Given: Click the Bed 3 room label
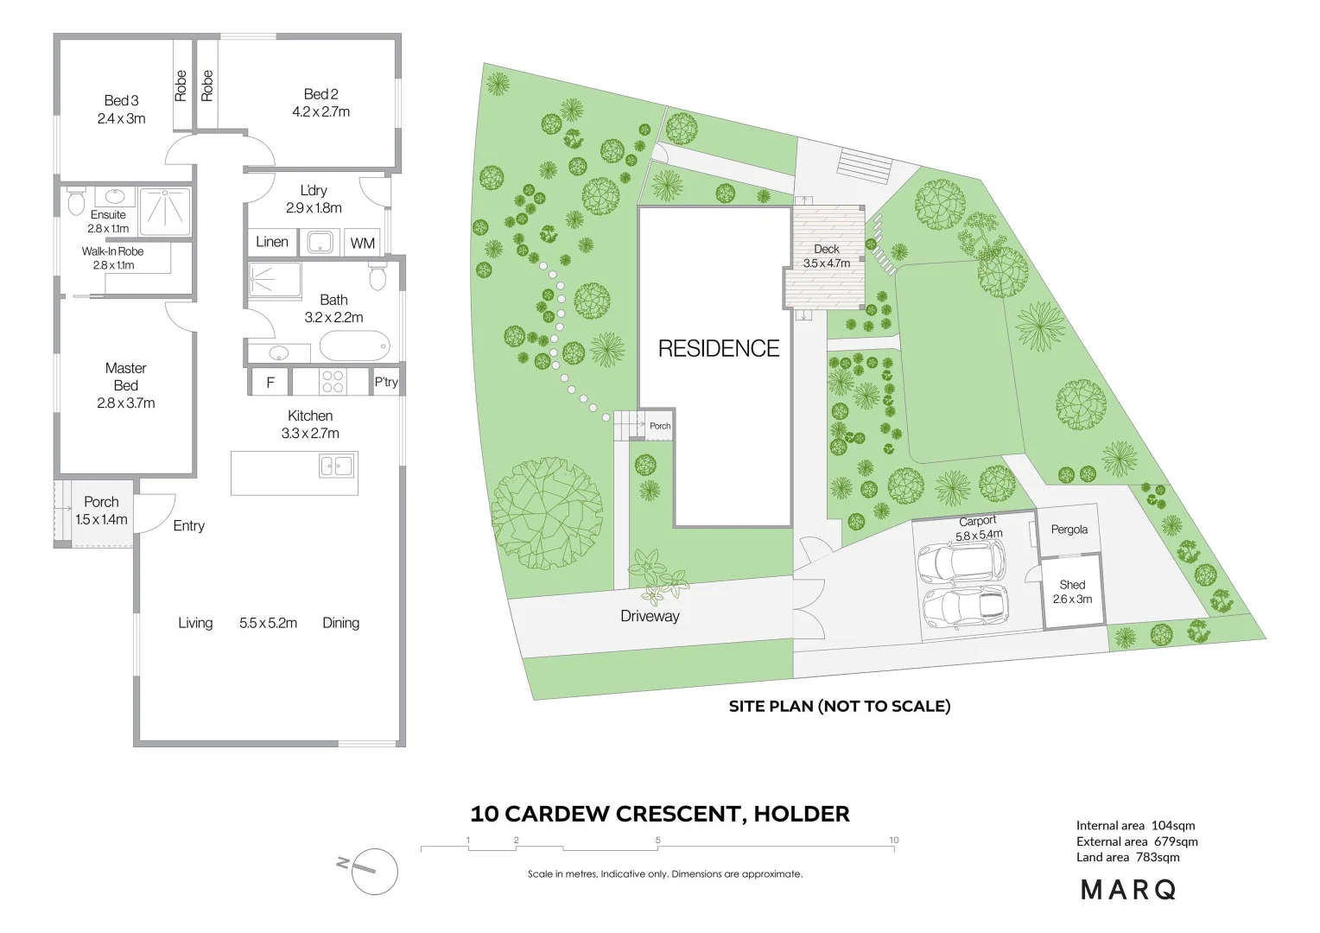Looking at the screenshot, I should click(121, 101).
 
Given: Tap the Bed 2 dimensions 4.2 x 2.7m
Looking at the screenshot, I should click(320, 112).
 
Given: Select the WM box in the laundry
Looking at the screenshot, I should click(363, 244).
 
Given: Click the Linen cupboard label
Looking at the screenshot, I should click(272, 242).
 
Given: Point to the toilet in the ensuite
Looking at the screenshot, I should click(76, 202).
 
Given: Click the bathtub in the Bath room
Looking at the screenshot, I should click(354, 346).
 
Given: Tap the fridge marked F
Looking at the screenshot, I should click(270, 382).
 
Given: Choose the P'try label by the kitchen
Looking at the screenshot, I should click(386, 382).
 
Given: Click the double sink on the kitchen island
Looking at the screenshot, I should click(337, 466).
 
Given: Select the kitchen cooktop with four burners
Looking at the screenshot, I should click(333, 381).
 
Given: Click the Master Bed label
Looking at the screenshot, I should click(126, 377).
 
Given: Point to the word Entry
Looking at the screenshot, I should click(188, 525).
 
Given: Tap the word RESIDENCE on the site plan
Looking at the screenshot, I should click(719, 349).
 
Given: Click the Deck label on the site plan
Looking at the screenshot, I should click(827, 249).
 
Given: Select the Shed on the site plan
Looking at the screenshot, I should click(1072, 592).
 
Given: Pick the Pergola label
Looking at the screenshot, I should click(1069, 530).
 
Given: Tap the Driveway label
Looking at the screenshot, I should click(650, 616).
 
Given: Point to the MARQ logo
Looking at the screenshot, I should click(1128, 890).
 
